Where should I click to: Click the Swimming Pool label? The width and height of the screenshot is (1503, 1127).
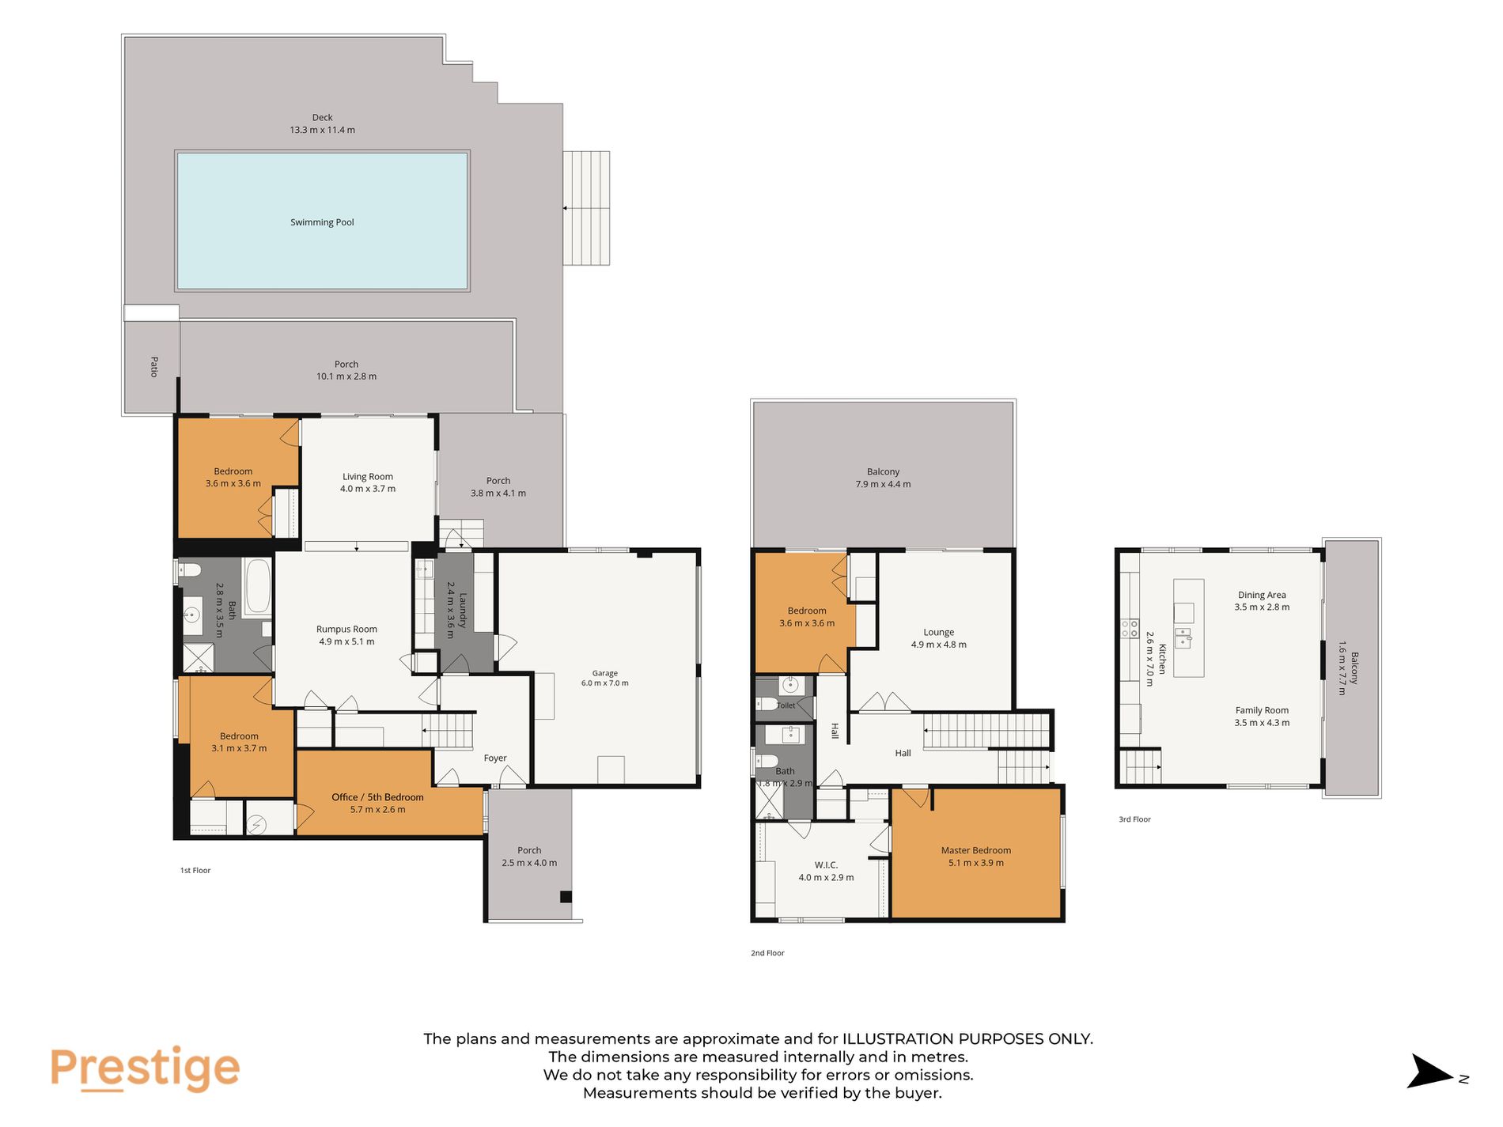click(x=322, y=222)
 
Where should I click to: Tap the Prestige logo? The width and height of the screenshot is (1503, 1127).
click(x=145, y=1069)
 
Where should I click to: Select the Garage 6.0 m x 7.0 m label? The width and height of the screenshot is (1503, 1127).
click(x=605, y=678)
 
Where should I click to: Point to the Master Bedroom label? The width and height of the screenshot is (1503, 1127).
click(x=976, y=850)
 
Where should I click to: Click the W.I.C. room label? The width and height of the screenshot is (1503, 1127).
click(x=826, y=865)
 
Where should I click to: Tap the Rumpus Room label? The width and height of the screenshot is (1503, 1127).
click(x=346, y=630)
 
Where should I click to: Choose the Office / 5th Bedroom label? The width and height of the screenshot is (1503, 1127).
click(x=377, y=797)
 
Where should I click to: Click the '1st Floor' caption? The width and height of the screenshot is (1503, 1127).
click(x=195, y=871)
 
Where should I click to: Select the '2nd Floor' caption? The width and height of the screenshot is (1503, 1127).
click(x=767, y=953)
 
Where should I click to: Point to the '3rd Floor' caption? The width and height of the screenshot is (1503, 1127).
click(x=1134, y=819)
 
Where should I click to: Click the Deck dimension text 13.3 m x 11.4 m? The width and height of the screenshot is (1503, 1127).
click(x=322, y=130)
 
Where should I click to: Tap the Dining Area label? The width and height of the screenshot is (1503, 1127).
click(x=1262, y=595)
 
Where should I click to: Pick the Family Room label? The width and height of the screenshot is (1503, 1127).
click(x=1262, y=710)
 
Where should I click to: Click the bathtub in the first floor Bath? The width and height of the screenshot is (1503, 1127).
click(x=258, y=587)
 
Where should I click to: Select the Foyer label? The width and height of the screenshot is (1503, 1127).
click(x=495, y=758)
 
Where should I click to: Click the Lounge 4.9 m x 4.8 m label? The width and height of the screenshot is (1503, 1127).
click(x=938, y=638)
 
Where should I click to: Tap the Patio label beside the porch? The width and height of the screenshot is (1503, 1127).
click(x=154, y=366)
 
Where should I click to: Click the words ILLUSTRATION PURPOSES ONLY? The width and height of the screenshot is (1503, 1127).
click(x=967, y=1038)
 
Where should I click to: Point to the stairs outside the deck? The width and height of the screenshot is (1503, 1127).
click(x=586, y=208)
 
